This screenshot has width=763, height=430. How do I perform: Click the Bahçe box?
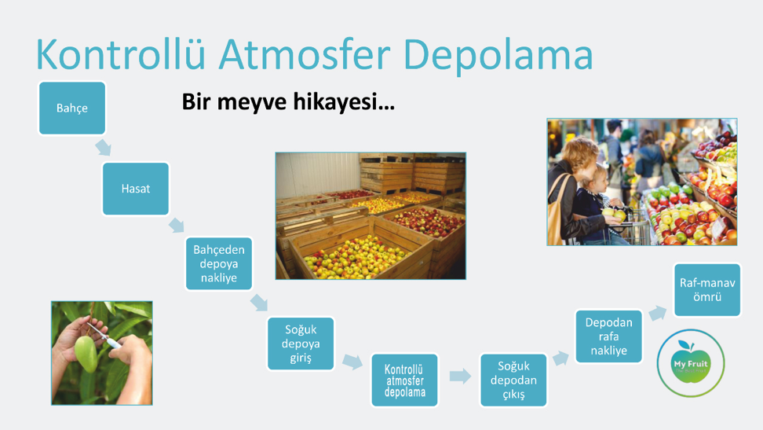(x=72, y=108)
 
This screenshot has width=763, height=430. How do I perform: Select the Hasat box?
(x=136, y=189)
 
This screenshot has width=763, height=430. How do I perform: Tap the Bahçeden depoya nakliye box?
(x=219, y=264)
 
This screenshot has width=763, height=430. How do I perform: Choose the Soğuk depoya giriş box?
(x=301, y=344)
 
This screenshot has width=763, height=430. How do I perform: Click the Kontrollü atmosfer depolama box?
(x=405, y=380)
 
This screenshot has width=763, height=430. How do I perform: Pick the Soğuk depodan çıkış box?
(x=513, y=380)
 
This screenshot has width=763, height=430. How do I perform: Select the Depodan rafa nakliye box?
(x=608, y=336)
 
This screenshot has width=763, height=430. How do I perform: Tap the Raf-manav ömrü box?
(x=707, y=290)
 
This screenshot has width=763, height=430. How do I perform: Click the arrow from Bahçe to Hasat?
(x=103, y=147)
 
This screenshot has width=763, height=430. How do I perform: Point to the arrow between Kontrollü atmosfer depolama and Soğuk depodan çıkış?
(x=460, y=376)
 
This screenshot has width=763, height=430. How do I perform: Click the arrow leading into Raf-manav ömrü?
(x=657, y=313)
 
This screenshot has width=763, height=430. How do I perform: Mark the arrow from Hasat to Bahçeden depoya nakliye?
(x=177, y=226)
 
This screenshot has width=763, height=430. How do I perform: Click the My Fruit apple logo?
(x=691, y=362)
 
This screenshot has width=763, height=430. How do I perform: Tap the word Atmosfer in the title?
(x=305, y=54)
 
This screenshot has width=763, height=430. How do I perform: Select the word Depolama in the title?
(x=498, y=55)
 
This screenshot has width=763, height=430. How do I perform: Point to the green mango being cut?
(x=86, y=354)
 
